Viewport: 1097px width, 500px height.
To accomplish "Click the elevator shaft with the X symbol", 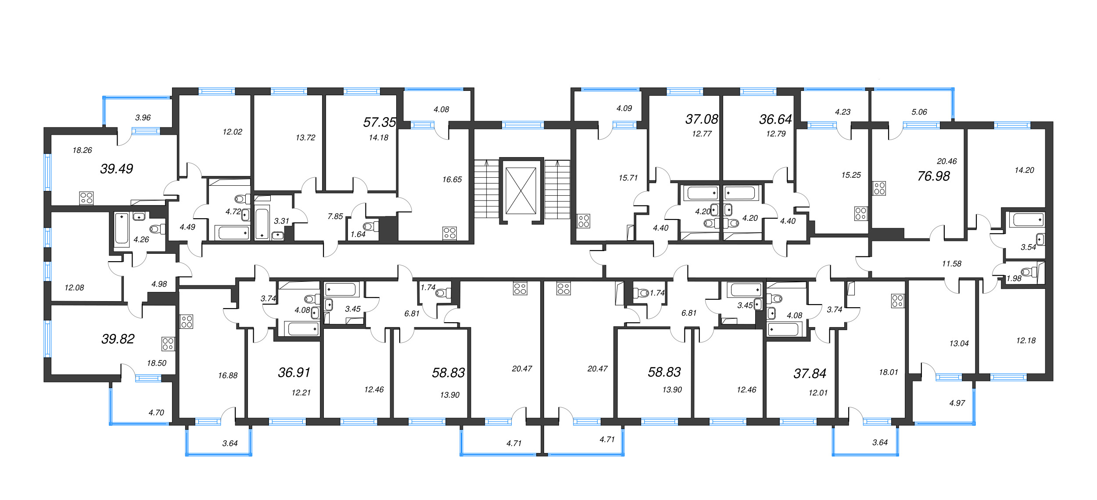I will tap(521, 191).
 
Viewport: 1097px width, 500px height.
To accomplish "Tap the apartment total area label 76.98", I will tap(933, 176).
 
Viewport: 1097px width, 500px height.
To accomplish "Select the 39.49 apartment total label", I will tap(116, 169).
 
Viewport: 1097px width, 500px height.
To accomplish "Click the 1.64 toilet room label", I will tap(358, 234).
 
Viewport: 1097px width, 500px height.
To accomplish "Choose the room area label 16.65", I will tap(452, 180).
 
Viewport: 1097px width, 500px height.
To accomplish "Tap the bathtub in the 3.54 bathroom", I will tap(1027, 219).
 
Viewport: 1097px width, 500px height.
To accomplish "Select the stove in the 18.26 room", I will tap(86, 198).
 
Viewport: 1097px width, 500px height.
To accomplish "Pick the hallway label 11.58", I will tap(951, 264).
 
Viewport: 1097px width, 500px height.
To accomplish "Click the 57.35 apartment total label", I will tap(379, 122).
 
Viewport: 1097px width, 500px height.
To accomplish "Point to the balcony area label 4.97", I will tap(957, 403).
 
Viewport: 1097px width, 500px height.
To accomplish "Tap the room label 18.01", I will tap(888, 372).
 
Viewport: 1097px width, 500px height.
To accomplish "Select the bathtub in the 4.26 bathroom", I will tap(122, 228).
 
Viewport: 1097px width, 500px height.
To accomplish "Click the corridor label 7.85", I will tap(335, 216).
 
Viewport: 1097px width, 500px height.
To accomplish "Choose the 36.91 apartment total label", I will tap(294, 372).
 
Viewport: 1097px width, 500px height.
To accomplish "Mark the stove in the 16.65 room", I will tap(450, 233).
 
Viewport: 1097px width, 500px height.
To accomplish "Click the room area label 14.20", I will tap(1024, 170).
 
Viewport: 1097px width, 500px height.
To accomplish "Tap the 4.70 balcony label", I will tap(156, 413).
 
